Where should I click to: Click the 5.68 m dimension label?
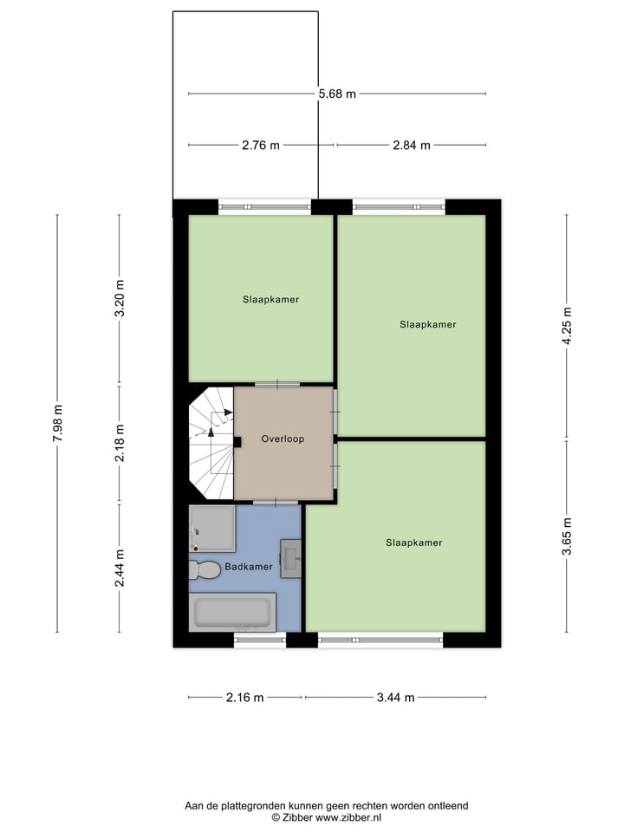pos(336,94)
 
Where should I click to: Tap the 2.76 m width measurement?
pos(261,146)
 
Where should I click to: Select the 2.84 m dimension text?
pos(412,146)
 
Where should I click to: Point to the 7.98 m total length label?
pos(58,425)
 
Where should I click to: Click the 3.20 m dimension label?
pos(120,299)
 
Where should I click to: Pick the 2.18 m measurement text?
pos(120,443)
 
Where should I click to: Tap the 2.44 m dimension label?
pos(120,568)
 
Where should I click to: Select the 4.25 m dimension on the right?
pos(567,326)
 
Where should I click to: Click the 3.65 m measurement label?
pos(567,536)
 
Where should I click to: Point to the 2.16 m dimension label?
pos(245,698)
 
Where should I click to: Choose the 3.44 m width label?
pos(396,698)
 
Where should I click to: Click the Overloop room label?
pos(283,439)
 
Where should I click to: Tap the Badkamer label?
pos(249,567)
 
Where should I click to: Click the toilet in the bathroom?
pos(205,569)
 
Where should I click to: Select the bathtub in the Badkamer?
pos(232,612)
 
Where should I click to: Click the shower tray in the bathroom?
pos(212,528)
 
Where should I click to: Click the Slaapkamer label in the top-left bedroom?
pos(270,300)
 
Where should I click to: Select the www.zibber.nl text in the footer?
pos(346,817)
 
